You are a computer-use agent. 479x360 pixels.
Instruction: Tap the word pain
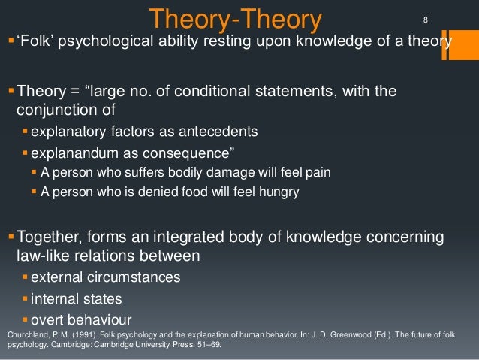315,172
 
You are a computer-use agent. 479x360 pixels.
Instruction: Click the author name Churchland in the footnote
25,334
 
